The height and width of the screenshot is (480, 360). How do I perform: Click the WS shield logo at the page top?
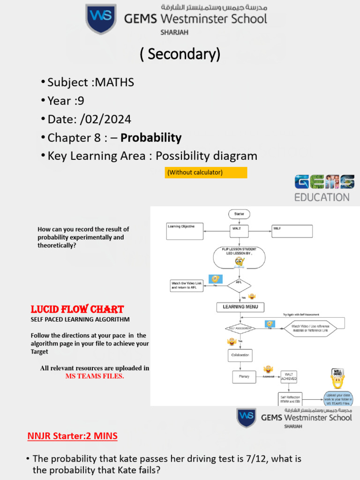point(100,19)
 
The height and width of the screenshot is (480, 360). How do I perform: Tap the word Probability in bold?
point(151,138)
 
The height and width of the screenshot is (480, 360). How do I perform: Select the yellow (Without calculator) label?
point(206,172)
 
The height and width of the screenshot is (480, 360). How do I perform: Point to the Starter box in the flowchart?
point(239,214)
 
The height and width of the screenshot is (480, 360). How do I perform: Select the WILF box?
point(292,231)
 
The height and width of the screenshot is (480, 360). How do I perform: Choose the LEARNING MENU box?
point(240,307)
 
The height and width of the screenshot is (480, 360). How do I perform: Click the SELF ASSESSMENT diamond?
point(240,329)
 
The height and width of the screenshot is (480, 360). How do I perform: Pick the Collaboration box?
point(240,355)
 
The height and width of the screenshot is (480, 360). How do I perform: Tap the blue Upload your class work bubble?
point(338,399)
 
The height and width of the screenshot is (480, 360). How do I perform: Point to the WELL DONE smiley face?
point(337,378)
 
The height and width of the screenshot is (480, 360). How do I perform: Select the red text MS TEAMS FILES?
point(95,376)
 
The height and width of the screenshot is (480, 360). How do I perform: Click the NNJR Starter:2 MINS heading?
point(72,436)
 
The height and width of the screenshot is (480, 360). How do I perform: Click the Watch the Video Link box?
point(187,285)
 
